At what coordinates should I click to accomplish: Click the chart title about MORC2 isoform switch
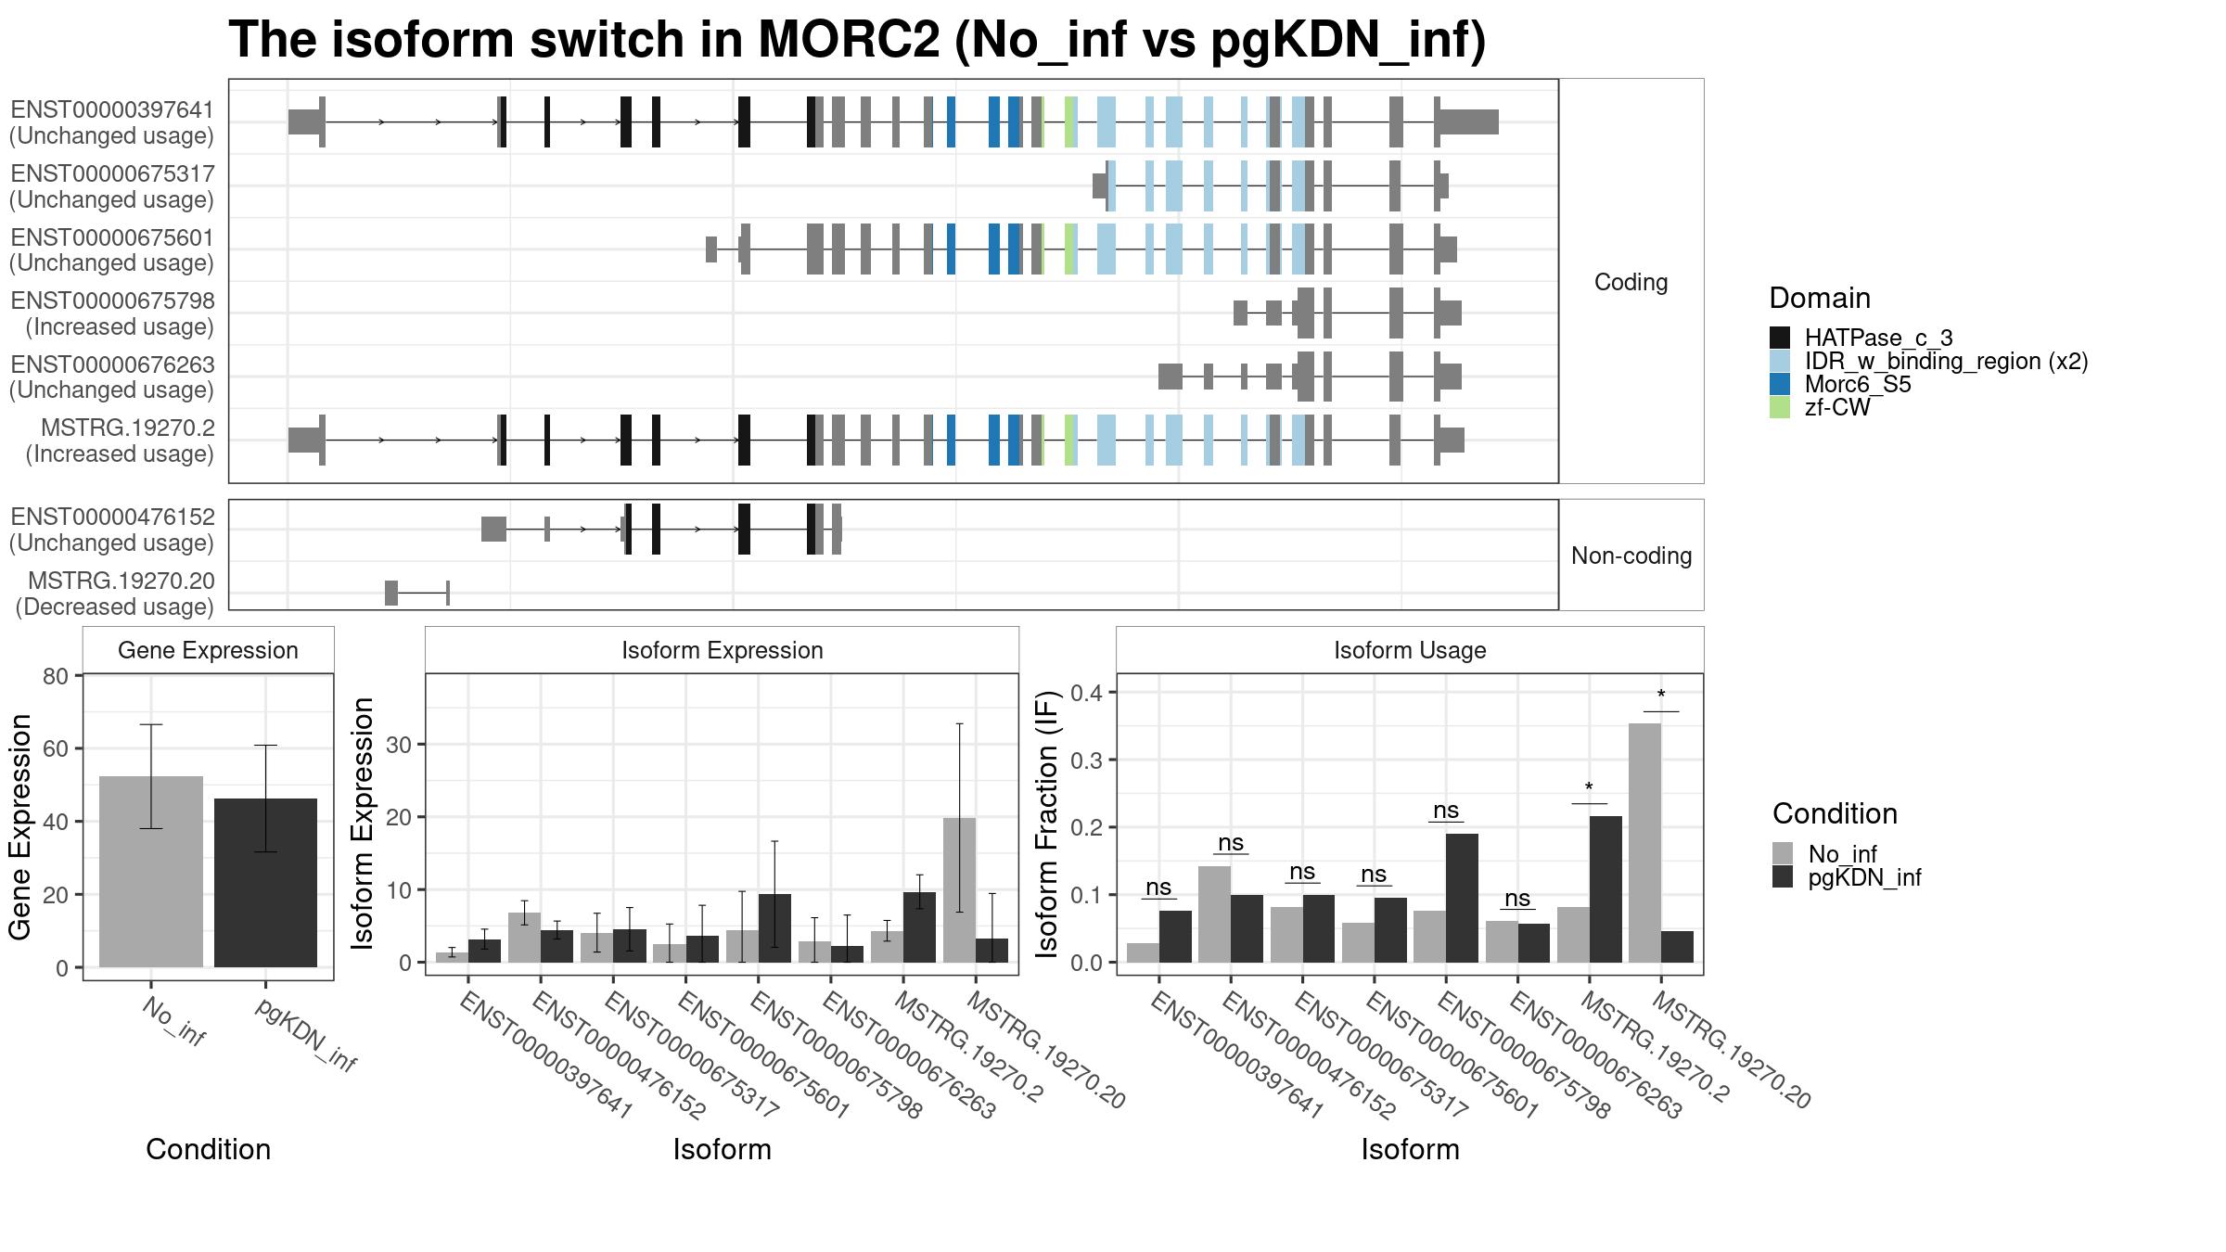tap(857, 40)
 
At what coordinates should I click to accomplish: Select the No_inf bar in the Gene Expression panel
tap(151, 872)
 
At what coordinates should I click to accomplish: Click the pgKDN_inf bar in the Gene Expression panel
tap(265, 883)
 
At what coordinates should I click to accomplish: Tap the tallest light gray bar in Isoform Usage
tap(1644, 843)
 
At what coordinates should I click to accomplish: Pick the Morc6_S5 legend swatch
tap(1779, 384)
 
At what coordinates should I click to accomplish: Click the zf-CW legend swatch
tap(1779, 407)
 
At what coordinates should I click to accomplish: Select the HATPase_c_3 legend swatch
tap(1779, 338)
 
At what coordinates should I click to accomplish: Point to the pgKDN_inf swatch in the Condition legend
tap(1782, 877)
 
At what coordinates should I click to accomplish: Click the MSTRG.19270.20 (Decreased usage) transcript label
tap(114, 594)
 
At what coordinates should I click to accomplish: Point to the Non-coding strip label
tap(1631, 556)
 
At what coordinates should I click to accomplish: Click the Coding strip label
tap(1631, 282)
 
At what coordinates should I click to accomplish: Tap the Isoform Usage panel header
tap(1410, 650)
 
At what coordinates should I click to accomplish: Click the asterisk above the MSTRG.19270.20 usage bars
tap(1661, 696)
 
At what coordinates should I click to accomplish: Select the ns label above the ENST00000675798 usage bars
tap(1446, 811)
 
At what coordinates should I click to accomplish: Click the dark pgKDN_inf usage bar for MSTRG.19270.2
tap(1606, 889)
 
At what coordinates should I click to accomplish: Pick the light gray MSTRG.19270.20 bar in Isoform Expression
tap(959, 890)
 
